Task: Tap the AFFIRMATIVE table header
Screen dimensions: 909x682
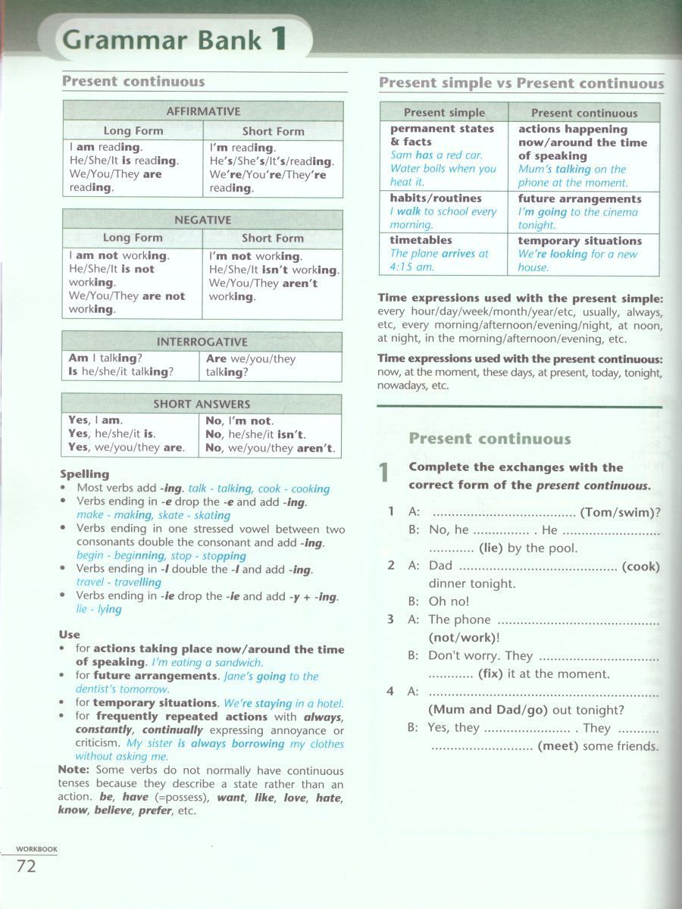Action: pyautogui.click(x=203, y=111)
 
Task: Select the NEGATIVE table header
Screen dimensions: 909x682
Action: pyautogui.click(x=202, y=220)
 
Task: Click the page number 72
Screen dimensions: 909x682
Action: pyautogui.click(x=26, y=866)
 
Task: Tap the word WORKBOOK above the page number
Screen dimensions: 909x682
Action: pyautogui.click(x=37, y=849)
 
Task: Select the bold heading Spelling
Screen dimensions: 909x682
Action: pyautogui.click(x=84, y=474)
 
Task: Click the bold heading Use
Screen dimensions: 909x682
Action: pyautogui.click(x=69, y=634)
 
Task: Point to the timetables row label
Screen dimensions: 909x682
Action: pyautogui.click(x=421, y=240)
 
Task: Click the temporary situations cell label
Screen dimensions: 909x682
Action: pyautogui.click(x=580, y=241)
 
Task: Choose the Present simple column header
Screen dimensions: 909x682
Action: pyautogui.click(x=444, y=113)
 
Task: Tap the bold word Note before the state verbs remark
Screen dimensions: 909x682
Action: pyautogui.click(x=73, y=770)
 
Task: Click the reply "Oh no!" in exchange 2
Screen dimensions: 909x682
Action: pyautogui.click(x=449, y=601)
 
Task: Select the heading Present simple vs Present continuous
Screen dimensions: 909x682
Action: pyautogui.click(x=521, y=83)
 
